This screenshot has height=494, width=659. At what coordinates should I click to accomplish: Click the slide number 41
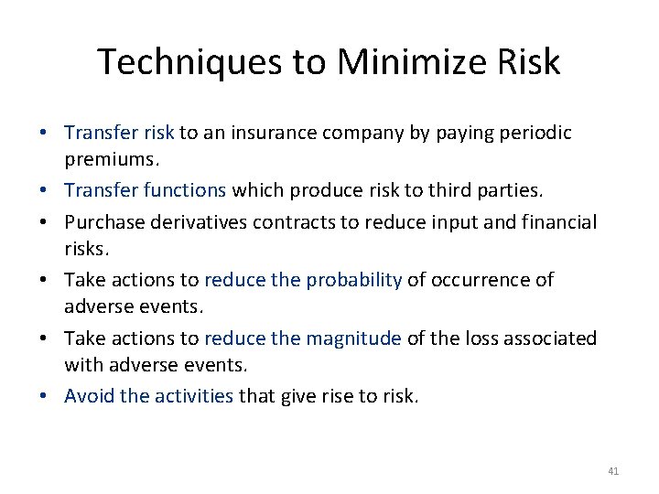(613, 471)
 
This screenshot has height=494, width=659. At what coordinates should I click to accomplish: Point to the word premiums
(112, 162)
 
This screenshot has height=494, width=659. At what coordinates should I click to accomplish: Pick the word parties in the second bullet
(508, 191)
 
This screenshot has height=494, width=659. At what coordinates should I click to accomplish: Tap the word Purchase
(102, 221)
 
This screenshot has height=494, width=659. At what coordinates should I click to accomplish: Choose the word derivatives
(196, 221)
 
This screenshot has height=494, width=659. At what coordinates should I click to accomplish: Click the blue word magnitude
(353, 338)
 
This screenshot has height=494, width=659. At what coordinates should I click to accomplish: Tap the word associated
(547, 338)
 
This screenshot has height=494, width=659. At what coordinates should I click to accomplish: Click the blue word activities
(191, 396)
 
